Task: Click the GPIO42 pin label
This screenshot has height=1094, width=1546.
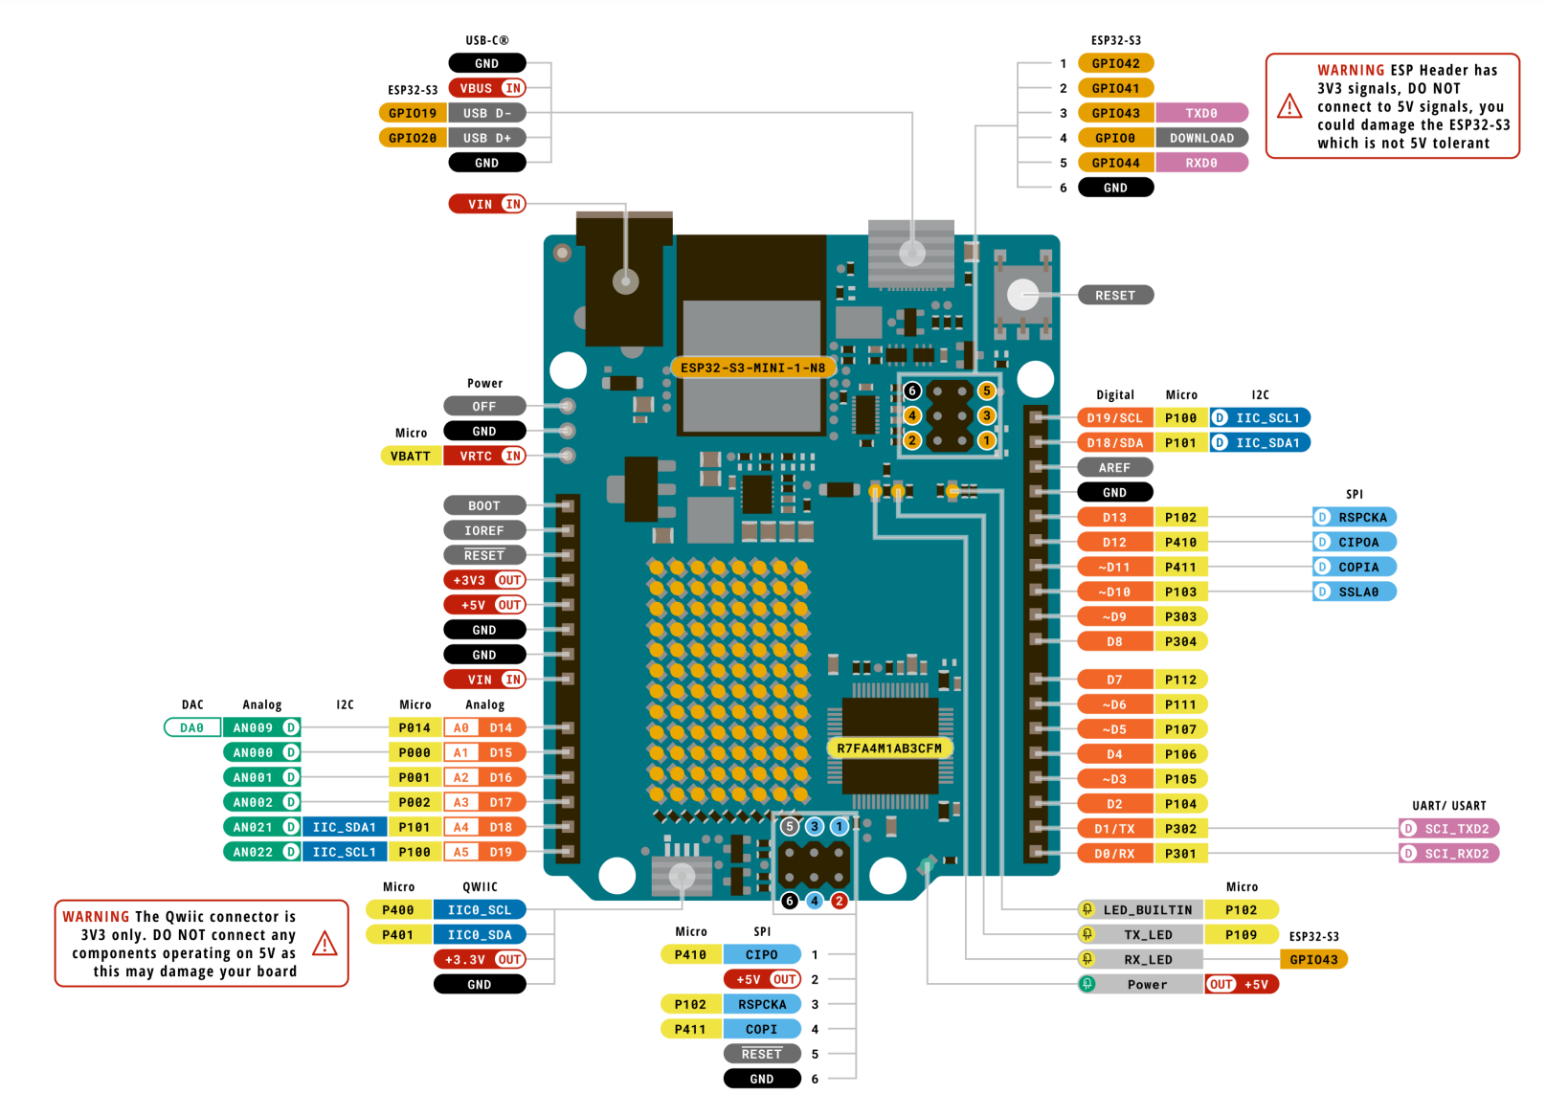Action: (x=1115, y=63)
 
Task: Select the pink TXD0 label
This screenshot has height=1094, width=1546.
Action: (x=1201, y=113)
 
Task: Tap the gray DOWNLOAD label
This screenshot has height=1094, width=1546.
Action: (x=1201, y=138)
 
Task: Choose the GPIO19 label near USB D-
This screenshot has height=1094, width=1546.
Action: (x=413, y=113)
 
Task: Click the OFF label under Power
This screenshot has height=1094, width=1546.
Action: (x=484, y=406)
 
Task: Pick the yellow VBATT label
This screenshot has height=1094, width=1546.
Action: (x=411, y=456)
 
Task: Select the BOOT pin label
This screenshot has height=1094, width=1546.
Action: (x=484, y=505)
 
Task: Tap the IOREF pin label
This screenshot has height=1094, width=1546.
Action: (x=484, y=530)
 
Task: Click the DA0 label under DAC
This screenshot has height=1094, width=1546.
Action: (x=192, y=727)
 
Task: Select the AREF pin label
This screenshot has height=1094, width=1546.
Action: (x=1114, y=467)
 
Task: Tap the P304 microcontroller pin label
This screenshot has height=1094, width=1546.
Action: (x=1180, y=641)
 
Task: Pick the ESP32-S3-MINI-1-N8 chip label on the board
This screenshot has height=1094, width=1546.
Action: (x=752, y=368)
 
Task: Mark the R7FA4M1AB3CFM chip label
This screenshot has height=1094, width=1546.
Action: (x=889, y=748)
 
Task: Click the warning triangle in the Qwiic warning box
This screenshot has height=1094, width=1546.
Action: (x=325, y=944)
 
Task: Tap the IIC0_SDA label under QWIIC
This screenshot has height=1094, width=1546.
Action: (x=480, y=934)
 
